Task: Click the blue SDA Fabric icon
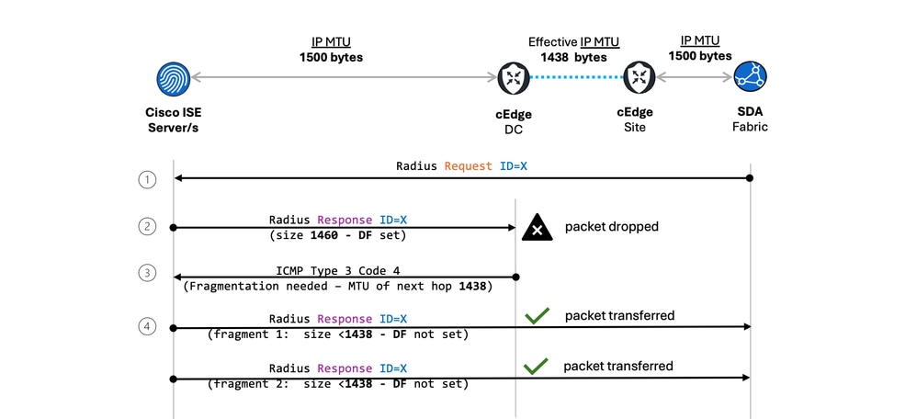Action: (751, 78)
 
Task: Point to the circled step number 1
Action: (148, 179)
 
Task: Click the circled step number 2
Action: (148, 226)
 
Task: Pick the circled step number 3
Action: (148, 274)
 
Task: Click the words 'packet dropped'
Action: (611, 226)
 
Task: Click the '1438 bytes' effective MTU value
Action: (573, 57)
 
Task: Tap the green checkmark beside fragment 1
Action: (537, 316)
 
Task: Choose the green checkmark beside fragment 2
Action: (537, 367)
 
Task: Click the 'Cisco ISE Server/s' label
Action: (173, 120)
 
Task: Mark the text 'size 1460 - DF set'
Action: (337, 234)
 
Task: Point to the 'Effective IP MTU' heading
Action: (573, 42)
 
